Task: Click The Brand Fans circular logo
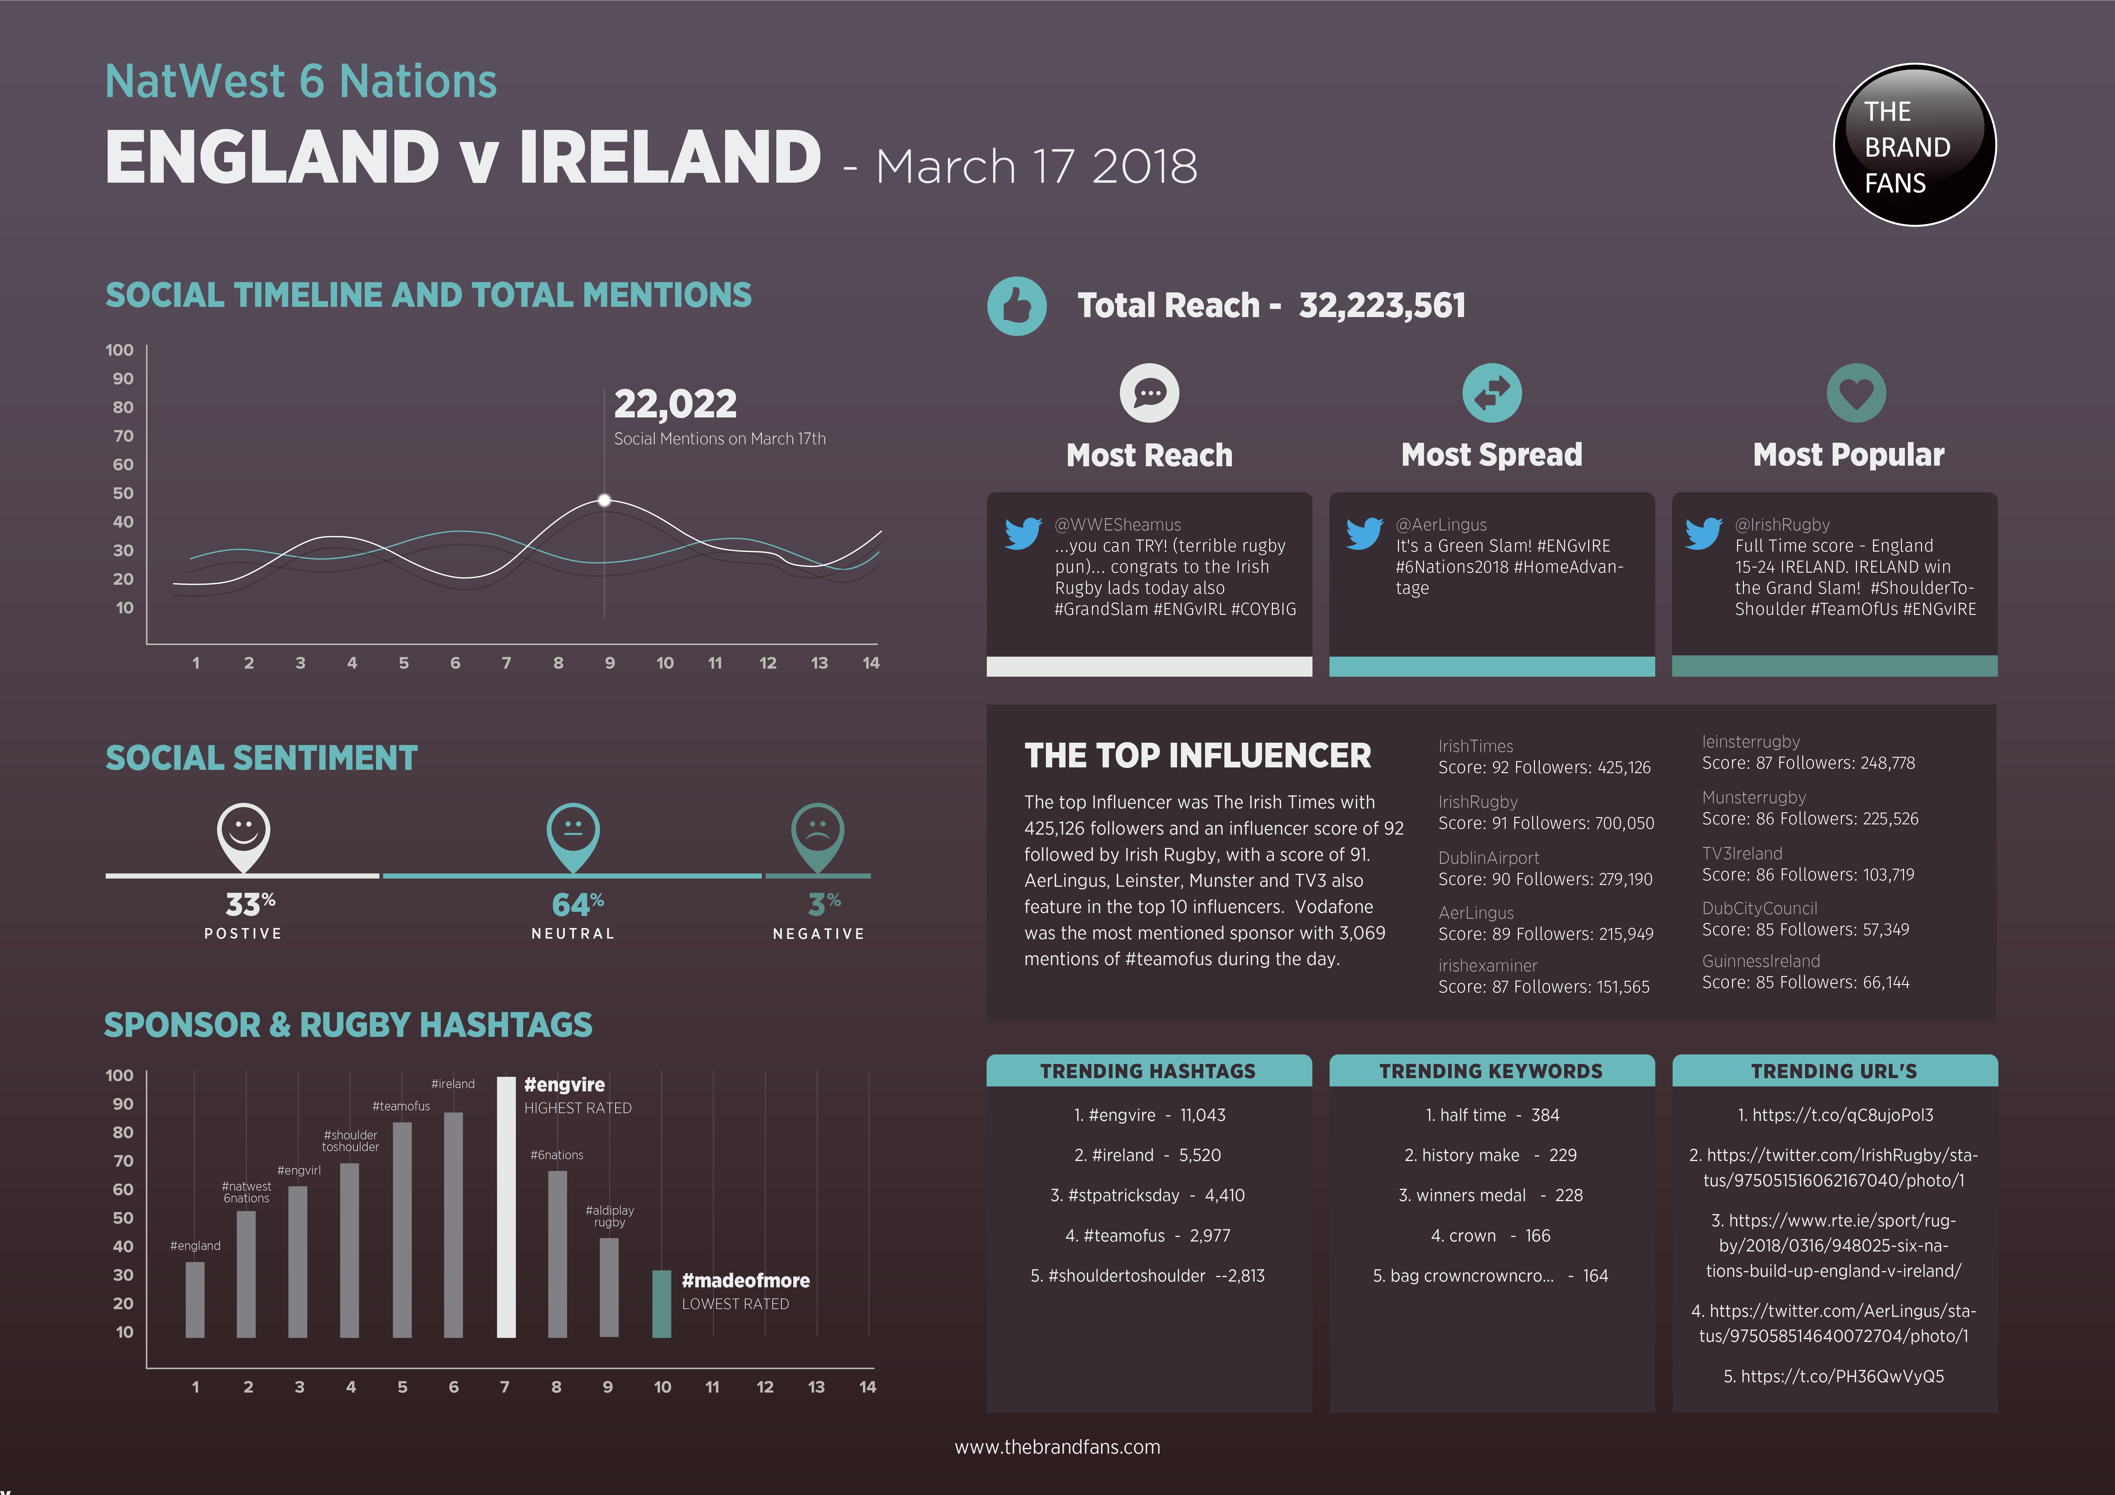pyautogui.click(x=1914, y=146)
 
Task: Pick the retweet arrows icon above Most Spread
pyautogui.click(x=1492, y=393)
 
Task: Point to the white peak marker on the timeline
pyautogui.click(x=604, y=500)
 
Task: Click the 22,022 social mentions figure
pyautogui.click(x=675, y=404)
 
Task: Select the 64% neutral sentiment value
pyautogui.click(x=577, y=905)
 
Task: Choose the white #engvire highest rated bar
pyautogui.click(x=506, y=1207)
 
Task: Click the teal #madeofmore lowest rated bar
pyautogui.click(x=661, y=1303)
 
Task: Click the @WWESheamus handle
pyautogui.click(x=1117, y=524)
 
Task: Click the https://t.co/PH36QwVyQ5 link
pyautogui.click(x=1833, y=1376)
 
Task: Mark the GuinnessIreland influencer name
pyautogui.click(x=1760, y=961)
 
